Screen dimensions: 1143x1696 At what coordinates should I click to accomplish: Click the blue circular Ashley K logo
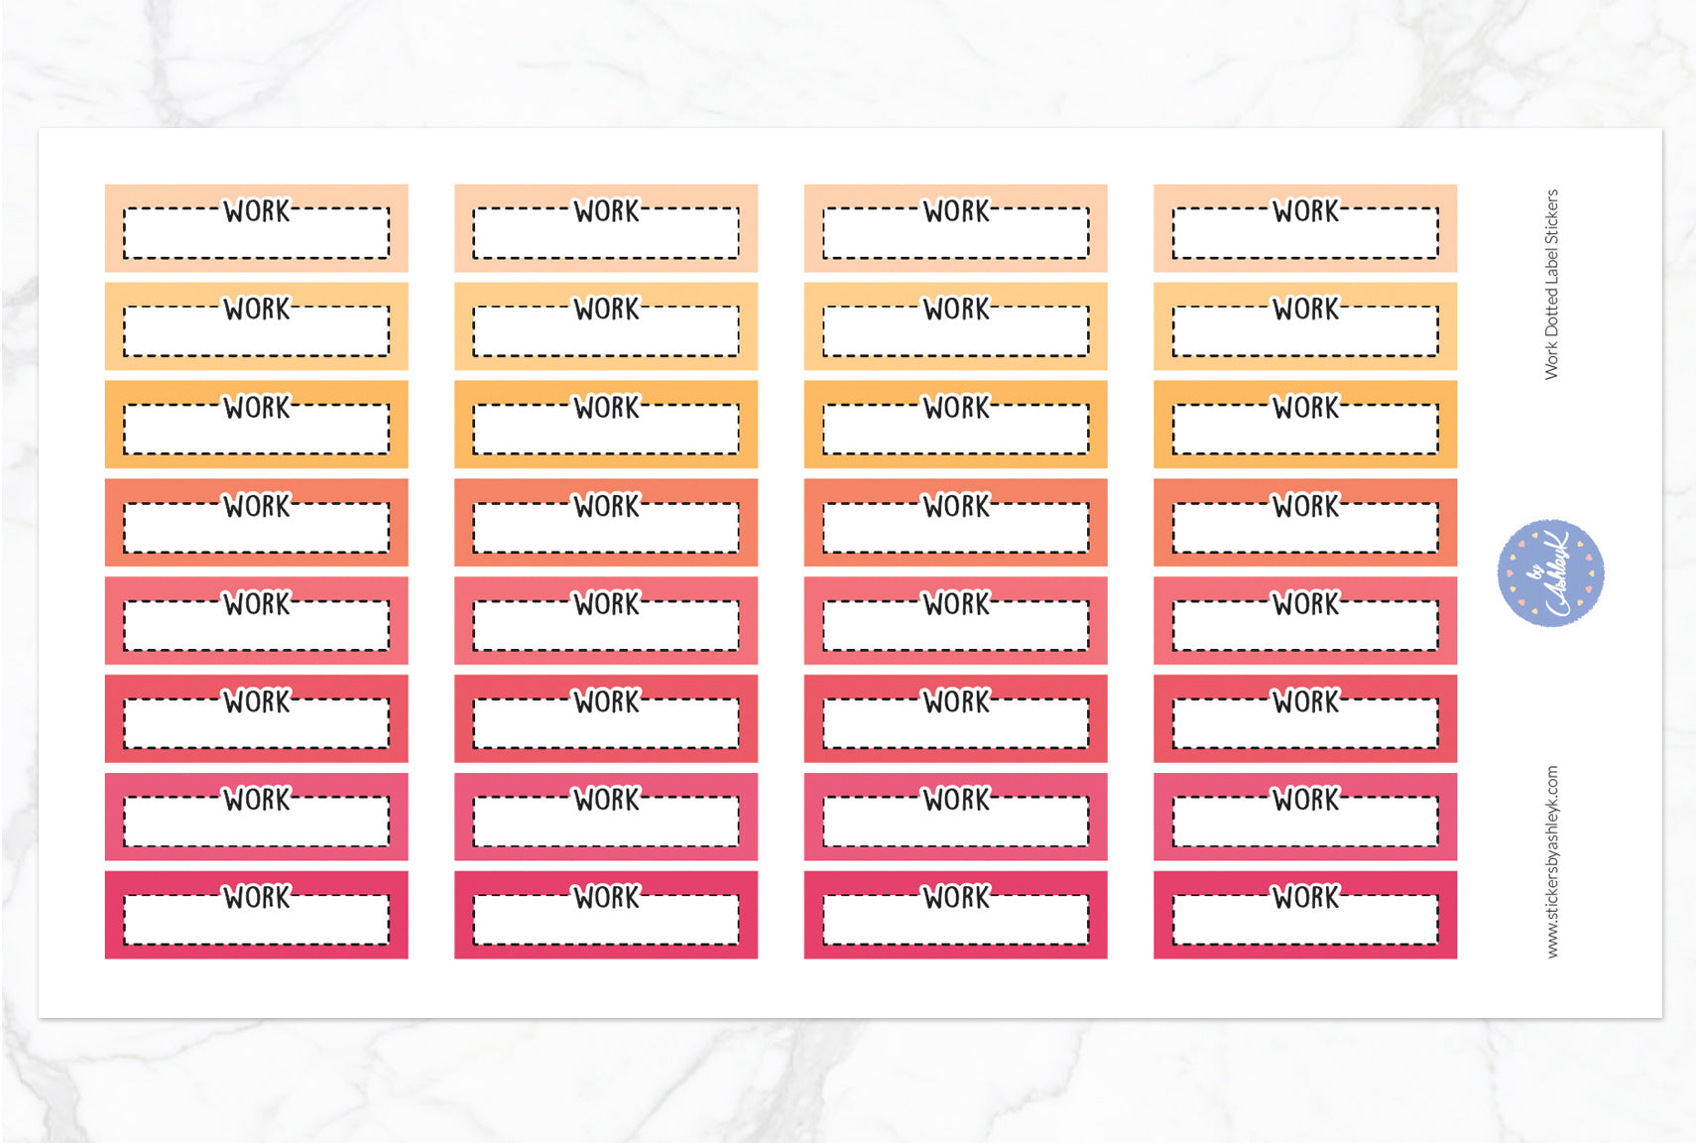coord(1550,572)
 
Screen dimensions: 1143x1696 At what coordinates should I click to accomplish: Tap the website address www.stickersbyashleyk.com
coord(1552,861)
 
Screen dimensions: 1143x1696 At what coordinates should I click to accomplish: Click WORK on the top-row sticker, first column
coord(257,211)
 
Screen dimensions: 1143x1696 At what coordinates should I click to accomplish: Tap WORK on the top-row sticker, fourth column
coord(1305,211)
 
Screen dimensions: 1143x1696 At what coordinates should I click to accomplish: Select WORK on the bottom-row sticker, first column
coord(257,898)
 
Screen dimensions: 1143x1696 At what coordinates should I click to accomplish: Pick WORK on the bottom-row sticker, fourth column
coord(1305,898)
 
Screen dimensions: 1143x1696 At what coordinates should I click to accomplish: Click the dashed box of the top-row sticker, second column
coord(606,238)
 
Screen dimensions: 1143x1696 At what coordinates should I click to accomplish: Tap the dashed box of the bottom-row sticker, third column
coord(955,924)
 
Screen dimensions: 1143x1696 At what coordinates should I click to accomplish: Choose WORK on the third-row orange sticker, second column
coord(606,408)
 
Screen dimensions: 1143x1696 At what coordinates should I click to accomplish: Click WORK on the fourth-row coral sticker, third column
coord(955,506)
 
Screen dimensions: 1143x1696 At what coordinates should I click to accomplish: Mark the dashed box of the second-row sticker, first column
coord(257,335)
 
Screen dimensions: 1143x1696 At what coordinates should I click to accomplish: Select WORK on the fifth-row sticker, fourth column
coord(1305,604)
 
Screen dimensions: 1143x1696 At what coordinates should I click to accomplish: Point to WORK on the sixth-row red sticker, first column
coord(257,702)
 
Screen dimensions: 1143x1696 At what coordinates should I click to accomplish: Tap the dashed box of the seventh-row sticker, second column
coord(606,825)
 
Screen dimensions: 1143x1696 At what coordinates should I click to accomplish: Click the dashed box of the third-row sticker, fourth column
coord(1305,434)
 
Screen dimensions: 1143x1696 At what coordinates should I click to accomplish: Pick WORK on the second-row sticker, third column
coord(955,310)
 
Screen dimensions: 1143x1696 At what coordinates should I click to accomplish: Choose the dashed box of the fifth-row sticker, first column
coord(257,630)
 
